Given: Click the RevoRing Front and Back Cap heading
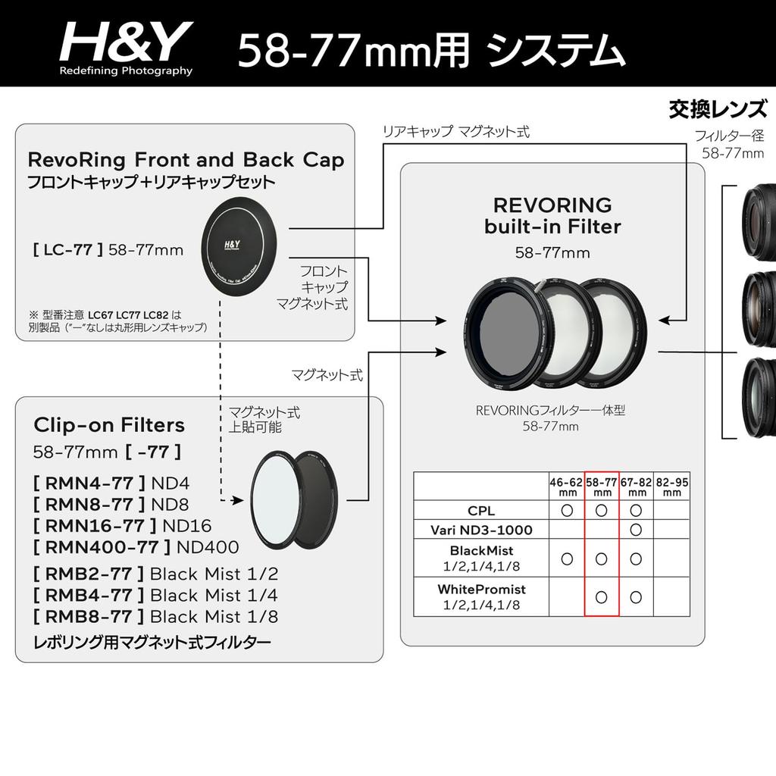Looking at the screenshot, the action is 186,160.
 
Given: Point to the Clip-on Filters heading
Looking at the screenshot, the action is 109,424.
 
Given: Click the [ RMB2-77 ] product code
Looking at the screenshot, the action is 88,574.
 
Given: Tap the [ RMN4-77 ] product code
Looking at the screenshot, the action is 88,483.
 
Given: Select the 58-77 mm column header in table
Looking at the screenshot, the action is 602,487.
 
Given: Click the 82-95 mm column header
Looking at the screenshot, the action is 671,487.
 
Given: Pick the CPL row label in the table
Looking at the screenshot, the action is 481,511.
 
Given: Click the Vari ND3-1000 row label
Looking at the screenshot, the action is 481,529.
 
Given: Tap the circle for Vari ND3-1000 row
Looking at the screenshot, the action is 637,529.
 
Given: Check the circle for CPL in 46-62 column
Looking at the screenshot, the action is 567,511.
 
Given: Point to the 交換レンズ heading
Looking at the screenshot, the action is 717,111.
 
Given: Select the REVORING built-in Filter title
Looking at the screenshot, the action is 552,215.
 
